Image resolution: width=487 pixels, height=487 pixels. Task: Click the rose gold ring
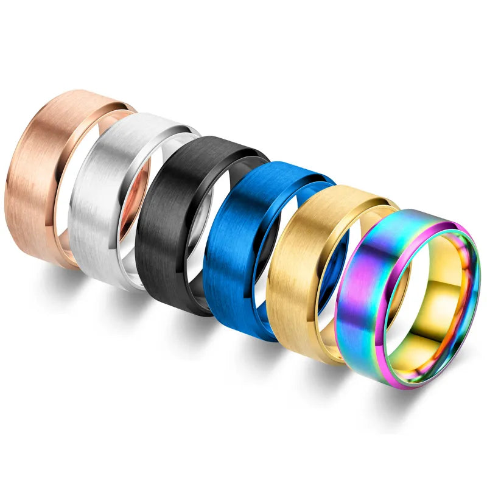coord(37,177)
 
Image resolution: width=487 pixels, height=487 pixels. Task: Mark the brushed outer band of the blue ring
coord(234,262)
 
